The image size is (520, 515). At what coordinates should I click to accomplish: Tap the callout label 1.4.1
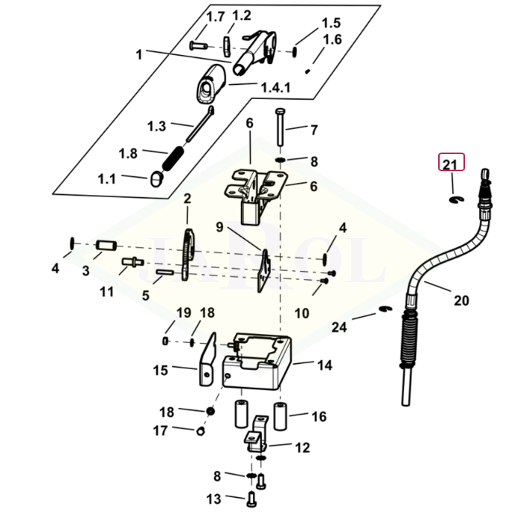click(275, 88)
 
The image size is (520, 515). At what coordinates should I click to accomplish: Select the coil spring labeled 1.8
click(173, 159)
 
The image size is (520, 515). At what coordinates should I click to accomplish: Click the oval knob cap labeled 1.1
click(156, 179)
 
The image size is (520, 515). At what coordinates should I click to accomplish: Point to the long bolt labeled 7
click(280, 127)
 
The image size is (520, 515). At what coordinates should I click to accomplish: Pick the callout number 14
click(324, 365)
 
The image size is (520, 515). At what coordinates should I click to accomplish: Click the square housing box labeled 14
click(257, 361)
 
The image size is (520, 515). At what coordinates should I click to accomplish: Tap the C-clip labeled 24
click(385, 309)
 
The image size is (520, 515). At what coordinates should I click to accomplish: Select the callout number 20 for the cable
click(461, 301)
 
